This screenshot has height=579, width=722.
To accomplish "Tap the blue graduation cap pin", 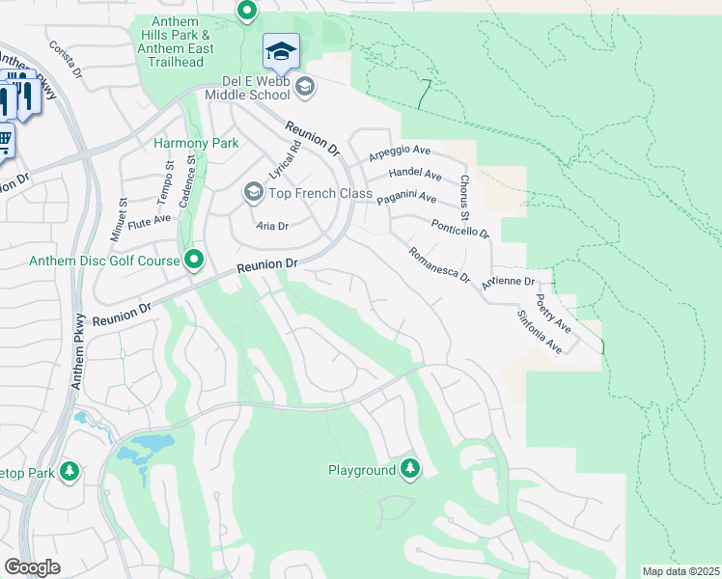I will tap(281, 51).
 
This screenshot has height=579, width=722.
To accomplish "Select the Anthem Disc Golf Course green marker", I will tap(194, 260).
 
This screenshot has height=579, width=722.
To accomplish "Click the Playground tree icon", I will tap(410, 469).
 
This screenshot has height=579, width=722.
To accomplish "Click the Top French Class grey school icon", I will tap(253, 193).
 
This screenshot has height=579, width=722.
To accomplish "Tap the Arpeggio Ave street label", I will tap(399, 152).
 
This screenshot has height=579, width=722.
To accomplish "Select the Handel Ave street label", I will tap(414, 175).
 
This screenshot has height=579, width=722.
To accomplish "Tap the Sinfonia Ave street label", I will tap(539, 330).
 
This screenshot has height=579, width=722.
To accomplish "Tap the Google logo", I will tap(32, 567).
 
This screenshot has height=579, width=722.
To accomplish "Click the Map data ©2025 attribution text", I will tap(680, 571).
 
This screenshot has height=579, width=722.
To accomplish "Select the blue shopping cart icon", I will tap(5, 141).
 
